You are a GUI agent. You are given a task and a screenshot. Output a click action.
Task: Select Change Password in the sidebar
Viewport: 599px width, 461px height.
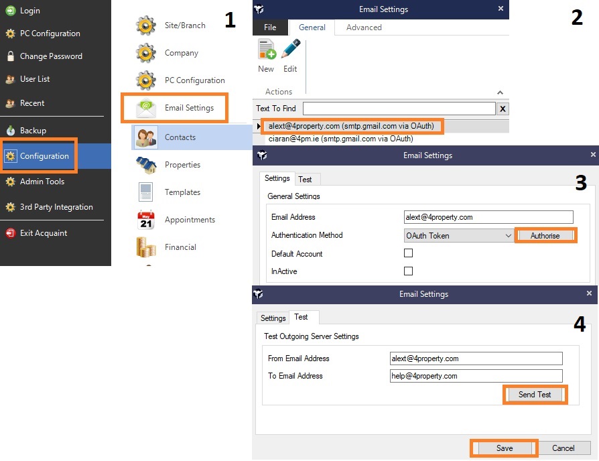point(44,56)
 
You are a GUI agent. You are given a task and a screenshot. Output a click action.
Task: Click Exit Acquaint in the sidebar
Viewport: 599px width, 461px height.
point(37,233)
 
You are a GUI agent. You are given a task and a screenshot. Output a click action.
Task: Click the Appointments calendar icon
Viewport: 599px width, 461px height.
point(146,220)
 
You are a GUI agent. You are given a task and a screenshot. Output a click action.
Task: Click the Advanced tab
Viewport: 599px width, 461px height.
point(364,27)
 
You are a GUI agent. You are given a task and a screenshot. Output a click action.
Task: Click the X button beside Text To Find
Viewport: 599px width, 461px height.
point(503,109)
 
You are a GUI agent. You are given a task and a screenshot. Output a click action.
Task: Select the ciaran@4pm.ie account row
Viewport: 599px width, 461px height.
point(340,139)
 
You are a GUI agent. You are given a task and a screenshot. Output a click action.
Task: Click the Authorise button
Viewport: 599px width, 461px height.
point(545,236)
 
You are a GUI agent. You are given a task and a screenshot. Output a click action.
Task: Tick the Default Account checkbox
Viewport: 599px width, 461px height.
point(408,253)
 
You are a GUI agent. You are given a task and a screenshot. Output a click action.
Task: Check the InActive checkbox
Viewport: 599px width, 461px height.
point(408,271)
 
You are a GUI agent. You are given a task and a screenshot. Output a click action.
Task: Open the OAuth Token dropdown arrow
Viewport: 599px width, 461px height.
point(508,236)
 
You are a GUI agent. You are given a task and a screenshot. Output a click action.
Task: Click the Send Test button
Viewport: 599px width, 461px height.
point(535,395)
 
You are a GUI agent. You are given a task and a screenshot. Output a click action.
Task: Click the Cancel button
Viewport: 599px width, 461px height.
point(563,448)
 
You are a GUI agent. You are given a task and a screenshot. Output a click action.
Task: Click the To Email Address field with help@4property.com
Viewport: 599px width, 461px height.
point(476,376)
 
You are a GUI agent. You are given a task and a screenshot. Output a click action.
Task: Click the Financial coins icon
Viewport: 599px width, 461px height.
point(146,247)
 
